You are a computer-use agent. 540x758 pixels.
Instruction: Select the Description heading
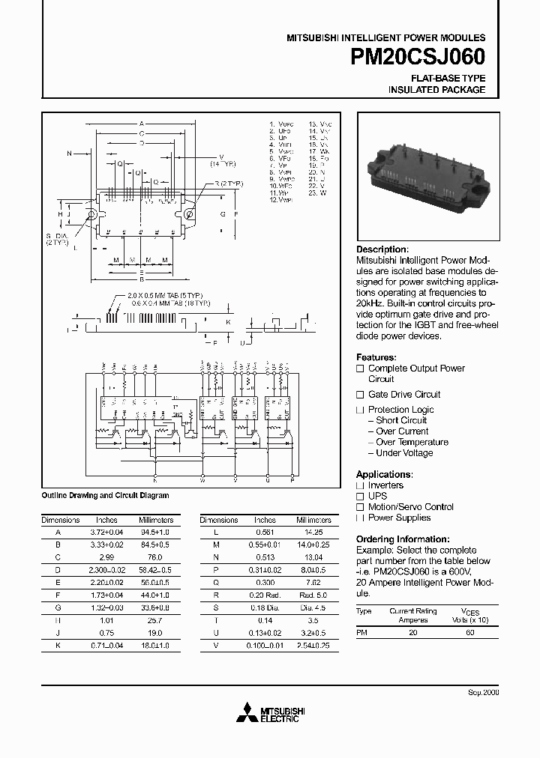(382, 249)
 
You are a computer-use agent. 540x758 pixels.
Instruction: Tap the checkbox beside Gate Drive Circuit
(360, 395)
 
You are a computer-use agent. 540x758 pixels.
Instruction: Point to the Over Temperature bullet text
(412, 442)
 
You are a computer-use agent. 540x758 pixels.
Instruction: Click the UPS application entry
(377, 496)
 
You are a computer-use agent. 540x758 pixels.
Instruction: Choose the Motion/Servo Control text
(411, 507)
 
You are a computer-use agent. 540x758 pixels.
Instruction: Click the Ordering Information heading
(403, 539)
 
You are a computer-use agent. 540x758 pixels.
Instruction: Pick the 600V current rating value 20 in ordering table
(413, 633)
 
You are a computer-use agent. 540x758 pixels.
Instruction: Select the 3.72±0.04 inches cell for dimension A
(106, 531)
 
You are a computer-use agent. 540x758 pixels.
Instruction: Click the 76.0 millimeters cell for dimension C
(156, 558)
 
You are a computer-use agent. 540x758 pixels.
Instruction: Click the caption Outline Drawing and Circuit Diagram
(105, 496)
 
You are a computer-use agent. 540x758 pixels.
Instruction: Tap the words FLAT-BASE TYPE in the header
(448, 78)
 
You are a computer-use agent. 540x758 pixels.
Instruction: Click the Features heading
(376, 357)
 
